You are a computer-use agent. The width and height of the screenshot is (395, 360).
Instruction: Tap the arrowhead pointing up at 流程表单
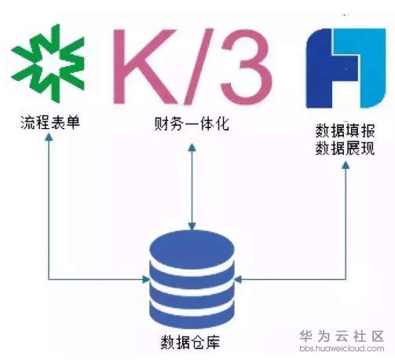[49, 138]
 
